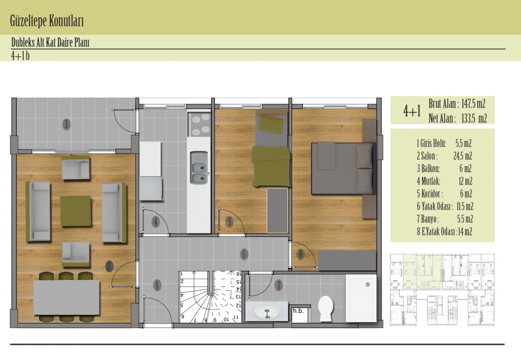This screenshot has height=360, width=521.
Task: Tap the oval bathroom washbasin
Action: (267, 311)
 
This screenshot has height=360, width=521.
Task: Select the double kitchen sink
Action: (199, 168)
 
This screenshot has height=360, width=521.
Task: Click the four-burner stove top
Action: (199, 124)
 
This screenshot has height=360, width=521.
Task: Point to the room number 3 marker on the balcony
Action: (66, 124)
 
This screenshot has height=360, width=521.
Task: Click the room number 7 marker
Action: (278, 285)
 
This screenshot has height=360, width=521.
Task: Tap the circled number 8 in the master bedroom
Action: (301, 254)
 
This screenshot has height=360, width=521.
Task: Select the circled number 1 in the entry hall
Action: (157, 286)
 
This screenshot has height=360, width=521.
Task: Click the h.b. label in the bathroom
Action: (298, 311)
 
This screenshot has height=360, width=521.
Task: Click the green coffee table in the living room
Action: (76, 211)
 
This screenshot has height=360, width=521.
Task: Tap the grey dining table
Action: (67, 297)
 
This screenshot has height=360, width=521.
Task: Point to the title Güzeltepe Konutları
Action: (47, 21)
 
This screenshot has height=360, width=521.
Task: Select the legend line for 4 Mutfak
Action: (444, 181)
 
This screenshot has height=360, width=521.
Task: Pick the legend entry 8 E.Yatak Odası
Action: (444, 232)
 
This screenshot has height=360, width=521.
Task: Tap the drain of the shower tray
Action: (368, 284)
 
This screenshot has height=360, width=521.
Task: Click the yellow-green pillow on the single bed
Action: (271, 125)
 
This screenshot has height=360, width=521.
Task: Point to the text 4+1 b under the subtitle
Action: (20, 56)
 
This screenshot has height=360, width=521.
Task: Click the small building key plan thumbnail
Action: (442, 290)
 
